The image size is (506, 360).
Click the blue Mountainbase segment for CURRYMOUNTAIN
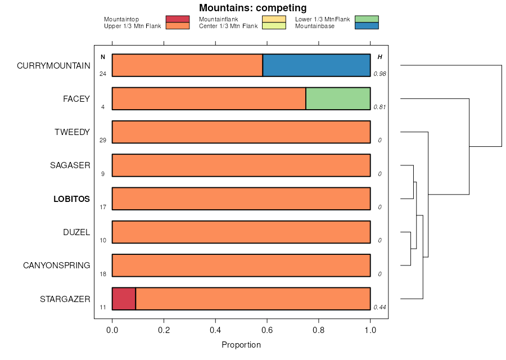point(317,65)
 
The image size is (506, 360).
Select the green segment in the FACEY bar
point(338,98)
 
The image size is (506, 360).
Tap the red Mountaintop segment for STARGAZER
point(124,299)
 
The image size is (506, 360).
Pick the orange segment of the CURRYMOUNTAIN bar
point(187,65)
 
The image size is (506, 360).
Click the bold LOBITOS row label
point(71,199)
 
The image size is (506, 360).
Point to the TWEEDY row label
point(72,132)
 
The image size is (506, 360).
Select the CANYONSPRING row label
point(56,265)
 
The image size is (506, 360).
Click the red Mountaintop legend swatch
point(178,19)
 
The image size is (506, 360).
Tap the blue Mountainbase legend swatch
point(367,26)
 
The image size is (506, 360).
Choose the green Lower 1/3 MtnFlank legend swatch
point(367,19)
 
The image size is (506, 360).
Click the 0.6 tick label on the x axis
point(267,331)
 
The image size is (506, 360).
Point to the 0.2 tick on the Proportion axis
point(164,331)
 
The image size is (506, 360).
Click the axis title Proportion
point(241,345)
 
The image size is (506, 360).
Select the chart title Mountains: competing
point(253,8)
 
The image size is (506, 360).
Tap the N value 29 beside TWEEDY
point(103,140)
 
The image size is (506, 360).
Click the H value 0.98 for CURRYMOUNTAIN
point(380,74)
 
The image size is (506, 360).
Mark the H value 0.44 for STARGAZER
point(380,307)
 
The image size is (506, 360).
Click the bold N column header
point(103,57)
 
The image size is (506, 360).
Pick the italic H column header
point(380,57)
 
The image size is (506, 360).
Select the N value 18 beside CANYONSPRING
point(103,274)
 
